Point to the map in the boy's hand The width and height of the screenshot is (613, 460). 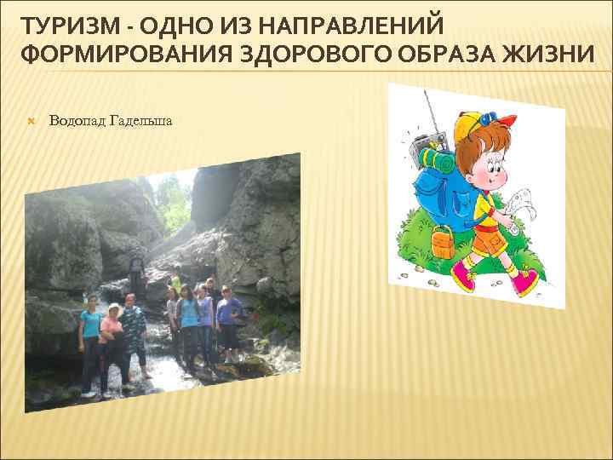click(520, 209)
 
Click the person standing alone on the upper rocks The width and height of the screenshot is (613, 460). click(135, 271)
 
